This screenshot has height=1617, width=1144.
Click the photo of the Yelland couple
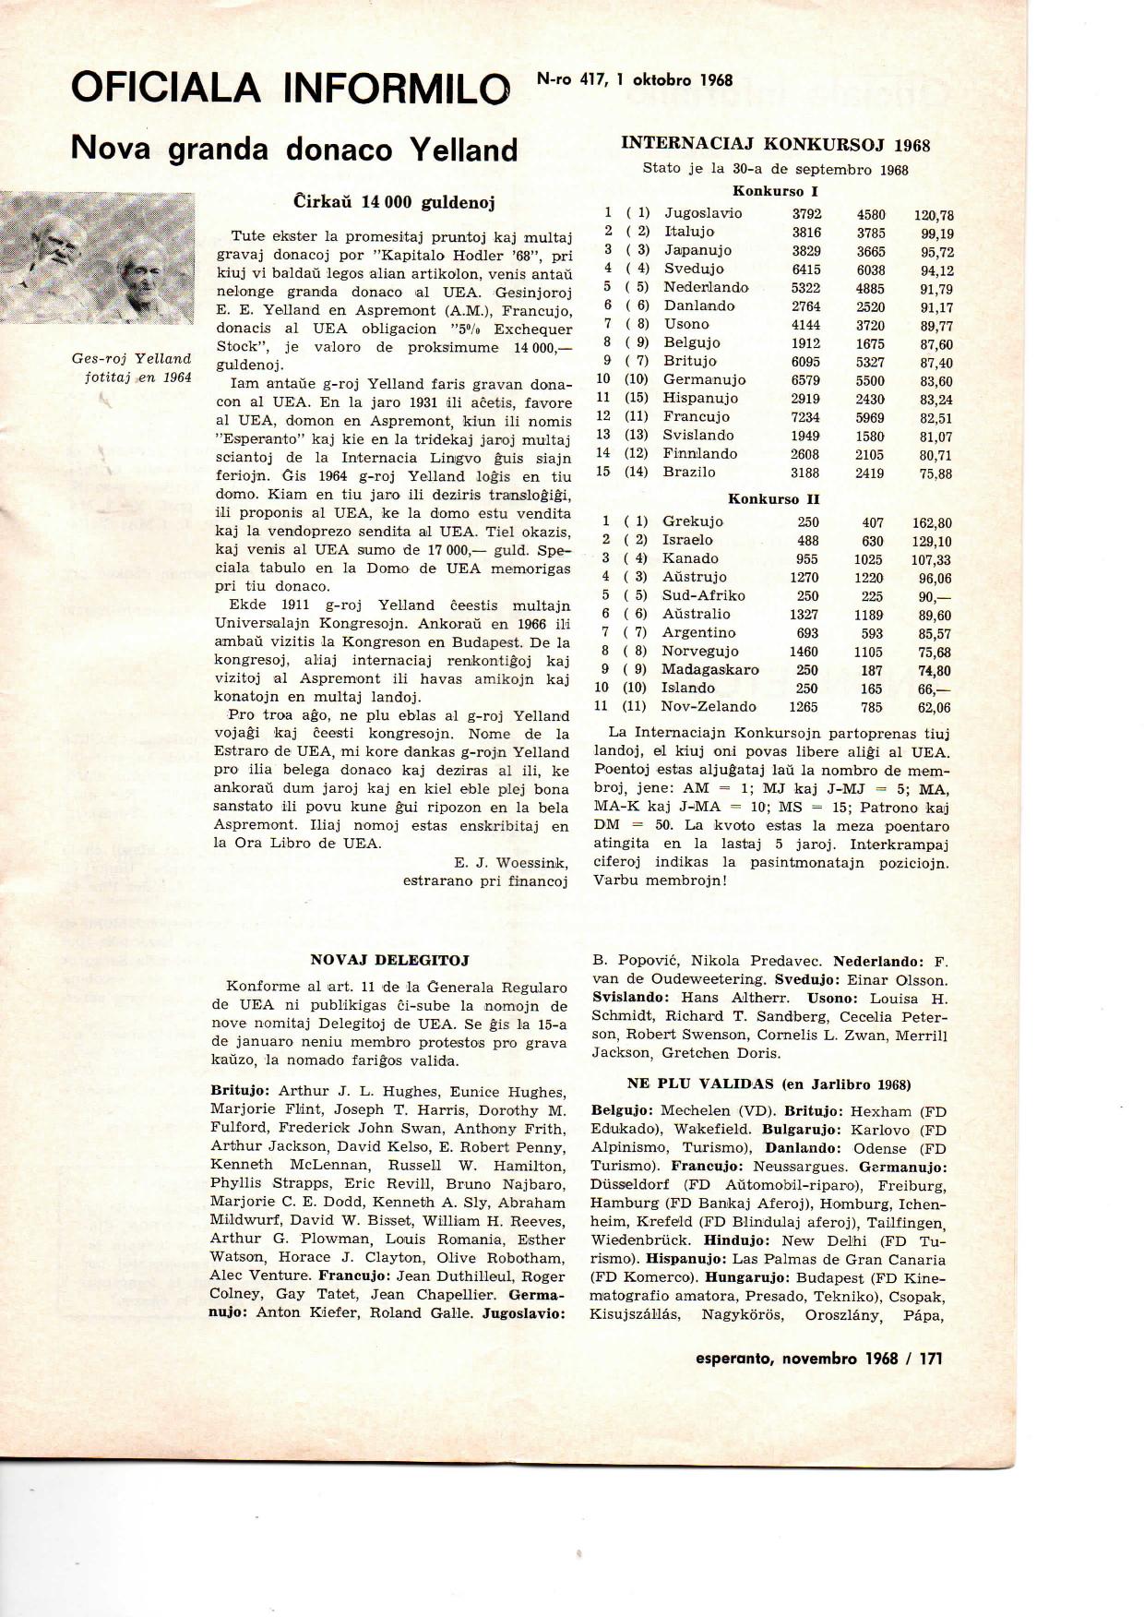98,258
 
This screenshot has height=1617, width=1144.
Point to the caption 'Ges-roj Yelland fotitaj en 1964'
132,367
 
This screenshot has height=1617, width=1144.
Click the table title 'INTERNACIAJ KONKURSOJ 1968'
775,144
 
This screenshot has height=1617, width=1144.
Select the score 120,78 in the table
933,215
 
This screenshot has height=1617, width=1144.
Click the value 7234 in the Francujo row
804,417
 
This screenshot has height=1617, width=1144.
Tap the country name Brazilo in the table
689,473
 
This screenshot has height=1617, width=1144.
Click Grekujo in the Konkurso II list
693,522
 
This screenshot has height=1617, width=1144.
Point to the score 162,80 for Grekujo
933,523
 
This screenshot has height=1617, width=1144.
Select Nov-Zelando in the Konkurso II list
709,707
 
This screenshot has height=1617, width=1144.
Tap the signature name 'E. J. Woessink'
511,862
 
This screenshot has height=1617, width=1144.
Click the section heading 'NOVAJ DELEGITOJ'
390,960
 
